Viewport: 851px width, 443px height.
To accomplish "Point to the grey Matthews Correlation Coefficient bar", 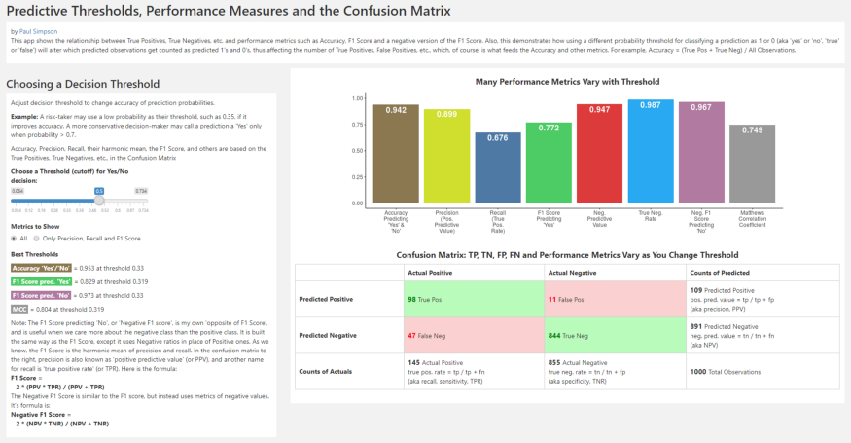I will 752,164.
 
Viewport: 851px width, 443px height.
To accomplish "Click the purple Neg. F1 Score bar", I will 701,152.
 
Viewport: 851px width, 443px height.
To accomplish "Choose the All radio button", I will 14,238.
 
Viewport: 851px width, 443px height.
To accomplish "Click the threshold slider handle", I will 98,200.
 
